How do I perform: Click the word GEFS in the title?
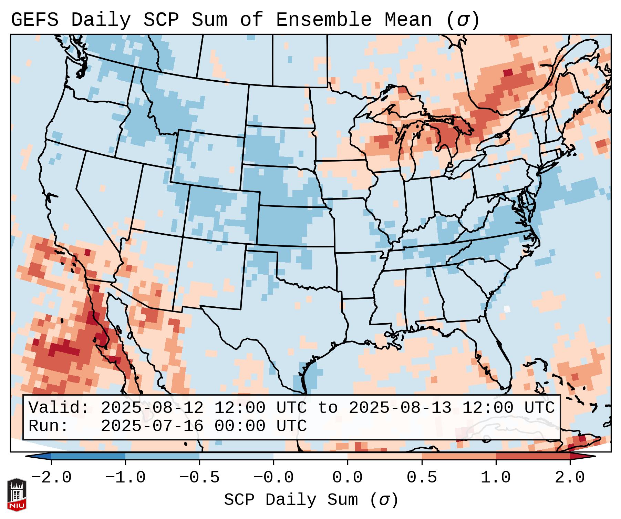pyautogui.click(x=34, y=20)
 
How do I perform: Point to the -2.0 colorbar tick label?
pyautogui.click(x=51, y=478)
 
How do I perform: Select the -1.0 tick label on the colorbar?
pyautogui.click(x=125, y=478)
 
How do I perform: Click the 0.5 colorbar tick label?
pyautogui.click(x=422, y=478)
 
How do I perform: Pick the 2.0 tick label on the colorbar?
pyautogui.click(x=570, y=478)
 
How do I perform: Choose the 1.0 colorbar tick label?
pyautogui.click(x=496, y=478)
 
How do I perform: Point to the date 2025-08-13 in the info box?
pyautogui.click(x=400, y=408)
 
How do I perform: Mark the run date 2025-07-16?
pyautogui.click(x=152, y=426)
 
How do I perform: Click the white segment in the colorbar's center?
pyautogui.click(x=310, y=456)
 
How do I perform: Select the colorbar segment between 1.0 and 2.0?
pyautogui.click(x=533, y=456)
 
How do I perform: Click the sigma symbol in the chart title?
pyautogui.click(x=463, y=20)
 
